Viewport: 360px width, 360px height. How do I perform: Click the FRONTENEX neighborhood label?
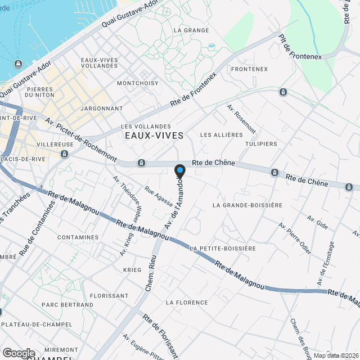[x=249, y=69]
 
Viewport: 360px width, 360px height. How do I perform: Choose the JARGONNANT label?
[x=101, y=108]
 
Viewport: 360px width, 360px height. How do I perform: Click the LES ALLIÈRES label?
[x=221, y=135]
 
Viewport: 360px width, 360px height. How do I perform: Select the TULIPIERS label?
[x=261, y=144]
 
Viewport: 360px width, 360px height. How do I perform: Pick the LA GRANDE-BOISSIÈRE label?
[x=247, y=205]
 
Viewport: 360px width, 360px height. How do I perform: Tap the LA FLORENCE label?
[x=187, y=303]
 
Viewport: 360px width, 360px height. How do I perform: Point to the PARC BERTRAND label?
[x=67, y=305]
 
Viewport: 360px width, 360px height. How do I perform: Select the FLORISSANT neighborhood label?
[x=109, y=295]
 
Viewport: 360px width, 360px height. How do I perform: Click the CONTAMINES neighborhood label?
[x=78, y=237]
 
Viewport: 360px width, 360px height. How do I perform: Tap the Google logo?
[x=18, y=353]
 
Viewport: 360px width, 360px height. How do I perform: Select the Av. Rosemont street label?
[x=241, y=119]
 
